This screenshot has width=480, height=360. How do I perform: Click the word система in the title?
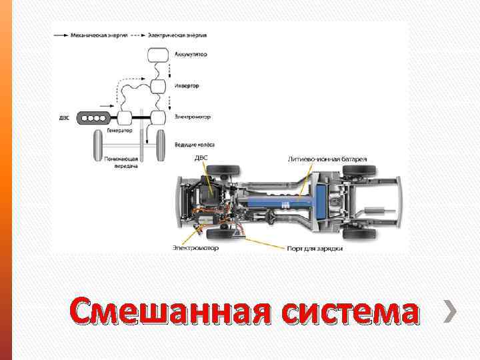[349, 313]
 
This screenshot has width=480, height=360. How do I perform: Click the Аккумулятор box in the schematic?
[158, 55]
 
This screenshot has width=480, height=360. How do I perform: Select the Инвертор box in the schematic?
[159, 86]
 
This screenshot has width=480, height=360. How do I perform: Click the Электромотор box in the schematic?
[158, 119]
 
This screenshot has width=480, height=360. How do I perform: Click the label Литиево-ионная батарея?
[327, 160]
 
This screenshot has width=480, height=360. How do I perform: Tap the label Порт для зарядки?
[315, 248]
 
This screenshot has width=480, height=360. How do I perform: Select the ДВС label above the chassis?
[201, 158]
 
